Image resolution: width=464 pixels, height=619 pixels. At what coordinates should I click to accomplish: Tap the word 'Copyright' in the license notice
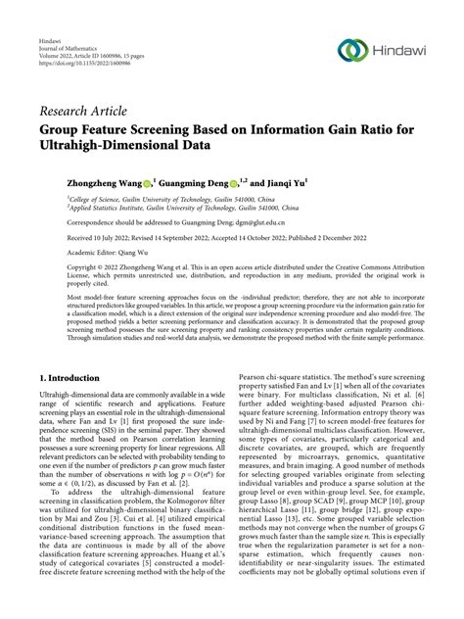57,265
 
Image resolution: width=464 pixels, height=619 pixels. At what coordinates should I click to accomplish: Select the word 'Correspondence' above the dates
65,221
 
